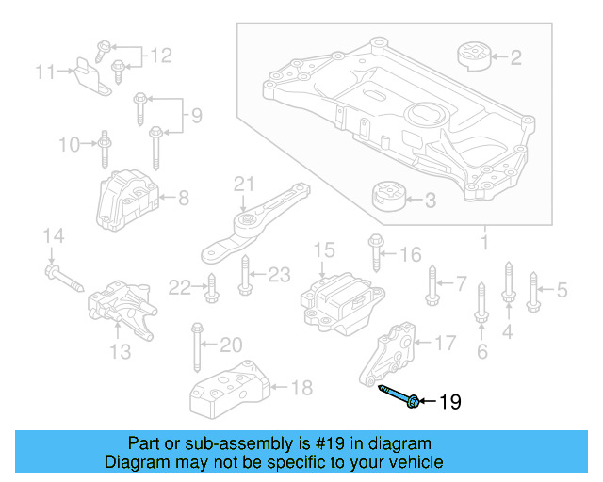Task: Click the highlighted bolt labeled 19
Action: click(399, 395)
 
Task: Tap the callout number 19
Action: click(450, 403)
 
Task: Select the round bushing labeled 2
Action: click(474, 56)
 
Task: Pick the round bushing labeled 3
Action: click(387, 199)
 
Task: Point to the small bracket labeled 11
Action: click(90, 73)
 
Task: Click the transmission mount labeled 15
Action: click(337, 298)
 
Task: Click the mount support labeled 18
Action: click(229, 387)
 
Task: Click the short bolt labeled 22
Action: click(211, 287)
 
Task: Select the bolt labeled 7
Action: click(432, 285)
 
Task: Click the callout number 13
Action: click(119, 351)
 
